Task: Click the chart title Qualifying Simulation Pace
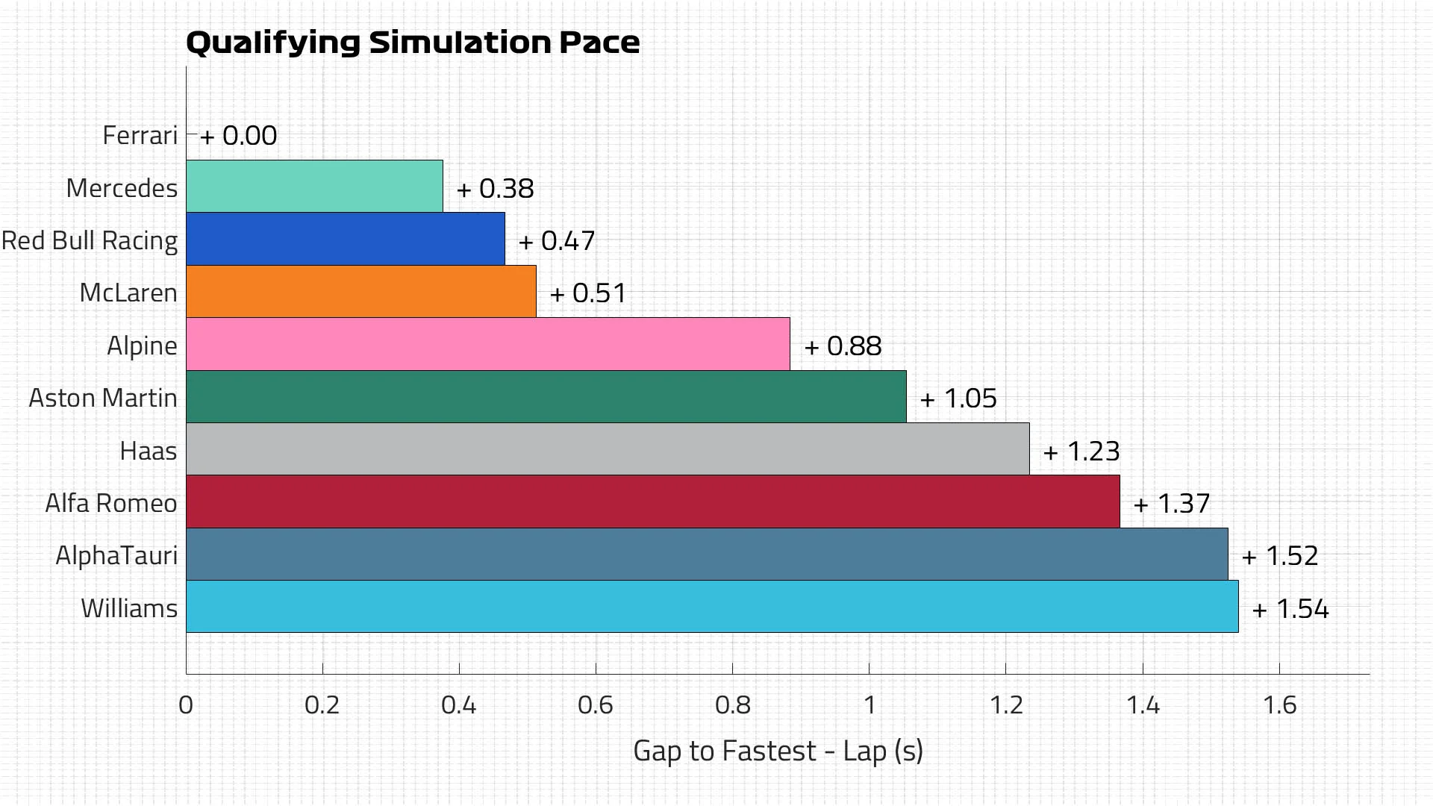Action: [412, 43]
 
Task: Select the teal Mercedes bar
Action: [314, 187]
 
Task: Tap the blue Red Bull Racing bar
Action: [345, 239]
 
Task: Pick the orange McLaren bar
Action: [360, 292]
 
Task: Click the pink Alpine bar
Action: [487, 344]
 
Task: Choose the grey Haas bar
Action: [607, 449]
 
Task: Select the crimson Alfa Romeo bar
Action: [652, 502]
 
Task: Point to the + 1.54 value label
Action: [1290, 609]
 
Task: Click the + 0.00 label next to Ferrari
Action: [239, 136]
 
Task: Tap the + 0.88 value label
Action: [843, 346]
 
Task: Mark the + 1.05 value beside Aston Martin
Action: [959, 399]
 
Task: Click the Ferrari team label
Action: [140, 135]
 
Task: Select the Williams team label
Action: [129, 608]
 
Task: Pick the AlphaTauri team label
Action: [116, 556]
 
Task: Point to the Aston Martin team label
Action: [103, 398]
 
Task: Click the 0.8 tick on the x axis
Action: [732, 705]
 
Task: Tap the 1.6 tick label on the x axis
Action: [1279, 705]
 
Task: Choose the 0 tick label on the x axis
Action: [186, 705]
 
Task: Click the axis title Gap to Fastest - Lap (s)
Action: [778, 751]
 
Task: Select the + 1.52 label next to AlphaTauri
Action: [1280, 556]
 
